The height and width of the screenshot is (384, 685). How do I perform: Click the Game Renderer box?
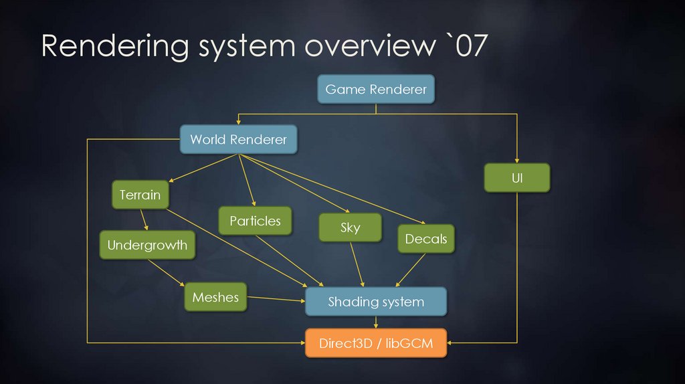tap(375, 89)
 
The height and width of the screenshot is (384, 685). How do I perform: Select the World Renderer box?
tap(238, 139)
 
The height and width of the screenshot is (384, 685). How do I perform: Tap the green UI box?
tap(516, 179)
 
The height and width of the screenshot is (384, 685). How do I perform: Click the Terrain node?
tap(140, 195)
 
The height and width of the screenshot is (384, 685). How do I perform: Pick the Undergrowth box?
tap(147, 245)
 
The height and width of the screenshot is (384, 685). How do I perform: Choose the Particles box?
tap(255, 221)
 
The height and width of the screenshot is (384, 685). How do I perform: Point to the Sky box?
tap(350, 227)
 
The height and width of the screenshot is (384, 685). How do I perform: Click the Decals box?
tap(425, 239)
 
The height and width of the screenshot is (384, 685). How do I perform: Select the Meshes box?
tap(215, 297)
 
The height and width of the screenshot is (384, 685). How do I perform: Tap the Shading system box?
tap(375, 302)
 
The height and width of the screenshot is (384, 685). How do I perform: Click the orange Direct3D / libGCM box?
tap(375, 344)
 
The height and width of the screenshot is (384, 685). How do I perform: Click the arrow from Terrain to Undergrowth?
tap(143, 220)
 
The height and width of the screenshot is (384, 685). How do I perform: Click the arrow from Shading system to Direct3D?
tap(375, 322)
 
